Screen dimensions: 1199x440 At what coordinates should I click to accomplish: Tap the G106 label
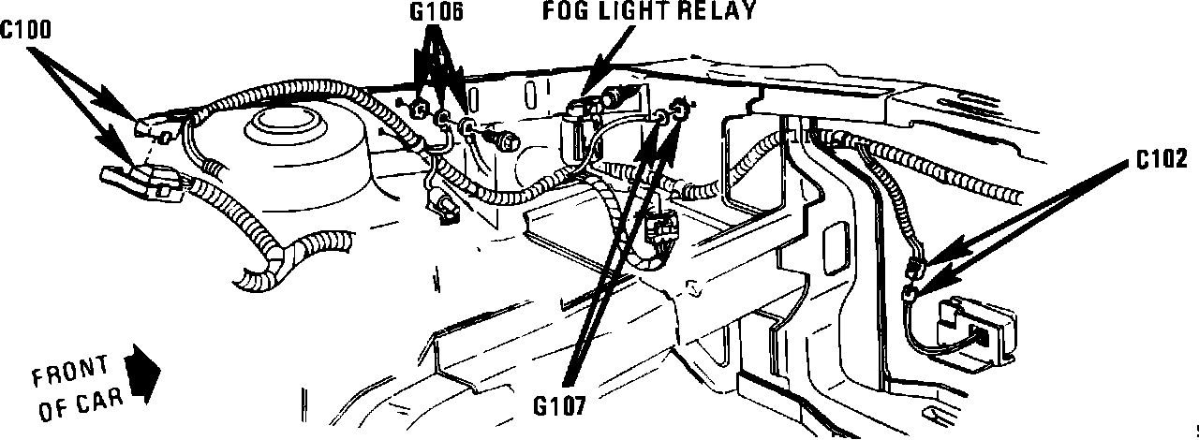pos(437,12)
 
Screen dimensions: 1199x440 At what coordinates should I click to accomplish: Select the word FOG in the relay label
pos(565,12)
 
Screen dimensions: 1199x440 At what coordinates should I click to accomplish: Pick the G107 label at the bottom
pos(560,406)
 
